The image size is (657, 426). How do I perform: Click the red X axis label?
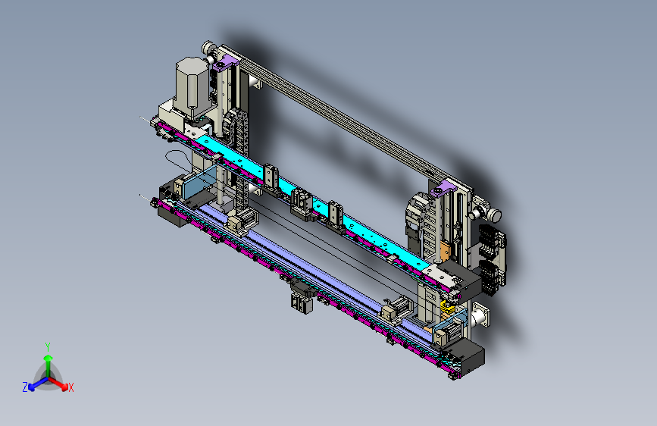pyautogui.click(x=70, y=387)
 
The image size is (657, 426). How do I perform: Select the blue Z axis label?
pyautogui.click(x=25, y=387)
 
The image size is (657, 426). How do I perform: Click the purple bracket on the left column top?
pyautogui.click(x=225, y=64)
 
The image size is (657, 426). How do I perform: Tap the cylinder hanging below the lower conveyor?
pyautogui.click(x=302, y=302)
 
